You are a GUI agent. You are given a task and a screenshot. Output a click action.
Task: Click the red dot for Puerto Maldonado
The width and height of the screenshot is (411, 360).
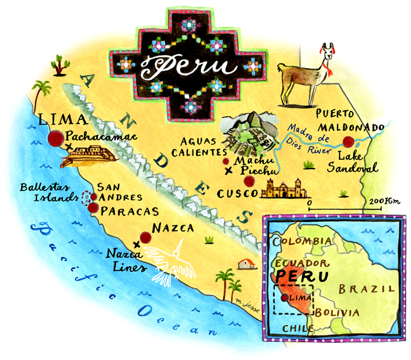351,141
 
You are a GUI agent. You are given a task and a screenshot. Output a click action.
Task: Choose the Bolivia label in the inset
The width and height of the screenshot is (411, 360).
336,312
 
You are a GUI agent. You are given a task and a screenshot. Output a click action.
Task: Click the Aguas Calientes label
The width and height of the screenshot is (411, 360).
193,147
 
